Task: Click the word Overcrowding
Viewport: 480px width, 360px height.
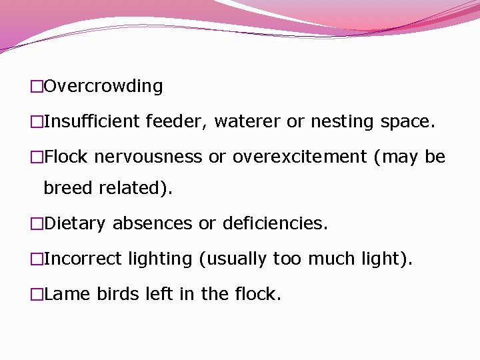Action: coord(103,87)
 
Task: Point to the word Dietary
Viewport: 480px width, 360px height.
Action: coord(75,223)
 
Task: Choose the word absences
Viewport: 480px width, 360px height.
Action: coord(152,223)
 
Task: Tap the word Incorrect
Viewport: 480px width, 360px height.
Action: coord(83,259)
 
